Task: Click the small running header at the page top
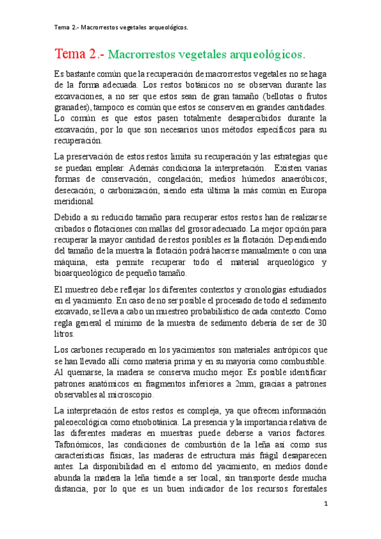[121, 27]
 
